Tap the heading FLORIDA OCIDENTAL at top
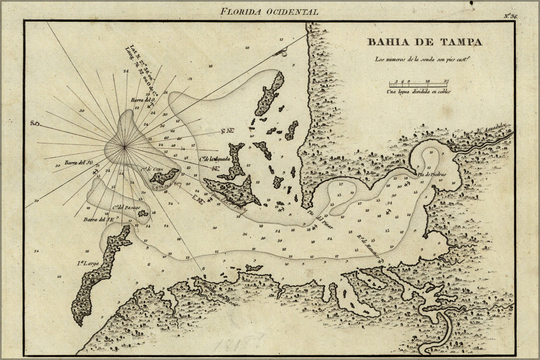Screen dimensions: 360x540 pos(269,12)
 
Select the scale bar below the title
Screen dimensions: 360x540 pos(419,85)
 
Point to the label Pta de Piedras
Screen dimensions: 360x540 pos(432,175)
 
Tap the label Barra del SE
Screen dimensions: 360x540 pos(96,219)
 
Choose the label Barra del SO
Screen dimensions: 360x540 pos(79,163)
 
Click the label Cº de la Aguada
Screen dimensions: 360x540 pos(214,159)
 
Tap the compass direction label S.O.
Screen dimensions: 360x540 pos(35,124)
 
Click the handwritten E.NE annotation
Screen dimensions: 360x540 pos(198,199)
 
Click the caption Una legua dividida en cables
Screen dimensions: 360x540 pos(418,92)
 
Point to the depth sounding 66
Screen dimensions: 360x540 pos(173,131)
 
